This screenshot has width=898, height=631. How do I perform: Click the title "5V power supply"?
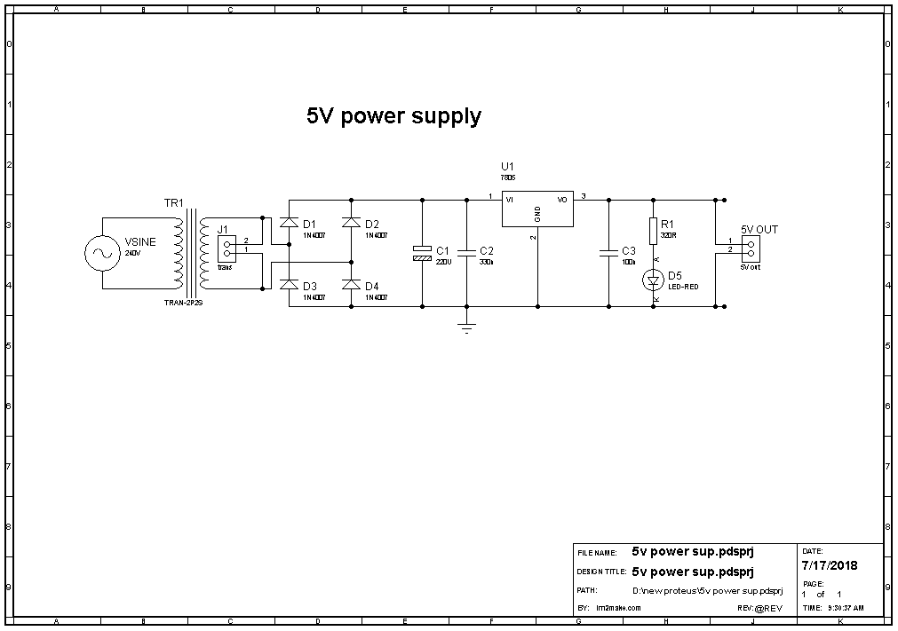click(393, 116)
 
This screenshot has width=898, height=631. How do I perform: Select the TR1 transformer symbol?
click(188, 254)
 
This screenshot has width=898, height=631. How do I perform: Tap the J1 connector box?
click(227, 249)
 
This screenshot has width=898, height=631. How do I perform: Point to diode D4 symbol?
click(351, 285)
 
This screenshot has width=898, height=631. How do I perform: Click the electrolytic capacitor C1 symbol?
click(423, 253)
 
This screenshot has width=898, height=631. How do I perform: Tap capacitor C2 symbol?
click(466, 253)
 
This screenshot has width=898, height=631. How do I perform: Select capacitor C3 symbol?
click(608, 253)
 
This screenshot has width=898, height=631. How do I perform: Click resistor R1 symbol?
click(653, 231)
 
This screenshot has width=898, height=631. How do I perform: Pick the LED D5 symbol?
click(654, 280)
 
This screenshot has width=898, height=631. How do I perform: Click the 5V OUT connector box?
click(751, 247)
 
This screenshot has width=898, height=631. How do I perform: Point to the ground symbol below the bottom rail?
click(466, 327)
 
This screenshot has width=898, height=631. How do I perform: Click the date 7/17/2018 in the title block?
click(830, 565)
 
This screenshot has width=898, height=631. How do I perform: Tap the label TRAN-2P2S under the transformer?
click(183, 304)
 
